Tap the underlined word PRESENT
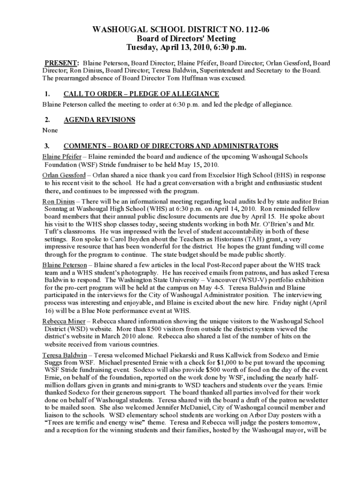(61, 63)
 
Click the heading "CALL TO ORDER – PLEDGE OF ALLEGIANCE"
(141, 94)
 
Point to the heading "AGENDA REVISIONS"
(99, 120)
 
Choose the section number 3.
(46, 145)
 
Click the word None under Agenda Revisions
(50, 131)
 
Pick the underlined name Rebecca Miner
(64, 321)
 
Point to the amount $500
(242, 371)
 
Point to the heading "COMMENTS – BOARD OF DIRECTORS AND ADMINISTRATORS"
(171, 145)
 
